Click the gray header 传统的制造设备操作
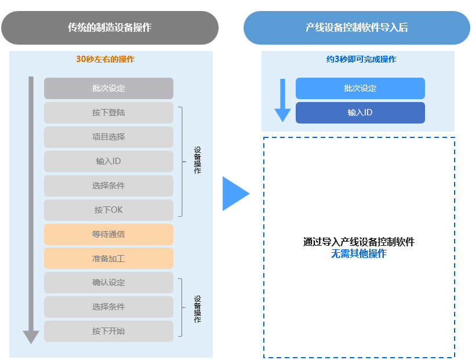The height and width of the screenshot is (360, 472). point(110,27)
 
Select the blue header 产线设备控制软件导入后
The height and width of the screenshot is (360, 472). point(357,27)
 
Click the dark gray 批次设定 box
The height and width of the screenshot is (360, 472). point(108,88)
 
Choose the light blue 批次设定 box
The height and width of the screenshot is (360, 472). point(360,88)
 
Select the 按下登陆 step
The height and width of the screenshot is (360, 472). point(108,112)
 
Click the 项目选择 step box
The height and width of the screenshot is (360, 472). point(108,137)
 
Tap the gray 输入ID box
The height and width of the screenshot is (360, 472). point(108,161)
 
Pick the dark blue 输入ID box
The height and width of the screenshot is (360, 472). point(360,112)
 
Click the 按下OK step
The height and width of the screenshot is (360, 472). point(108,210)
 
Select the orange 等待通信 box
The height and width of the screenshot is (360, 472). point(108,234)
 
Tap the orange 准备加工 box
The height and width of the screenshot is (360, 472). point(108,259)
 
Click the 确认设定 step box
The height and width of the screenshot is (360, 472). point(108,282)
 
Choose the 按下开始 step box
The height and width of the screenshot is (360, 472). point(108,331)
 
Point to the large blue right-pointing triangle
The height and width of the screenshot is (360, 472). point(234,194)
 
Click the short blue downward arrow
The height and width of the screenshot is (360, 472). point(282,100)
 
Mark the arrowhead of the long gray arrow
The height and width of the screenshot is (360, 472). point(31,337)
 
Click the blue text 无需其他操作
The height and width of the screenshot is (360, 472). point(358,254)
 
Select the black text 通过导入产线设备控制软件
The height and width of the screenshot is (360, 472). point(358,242)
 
